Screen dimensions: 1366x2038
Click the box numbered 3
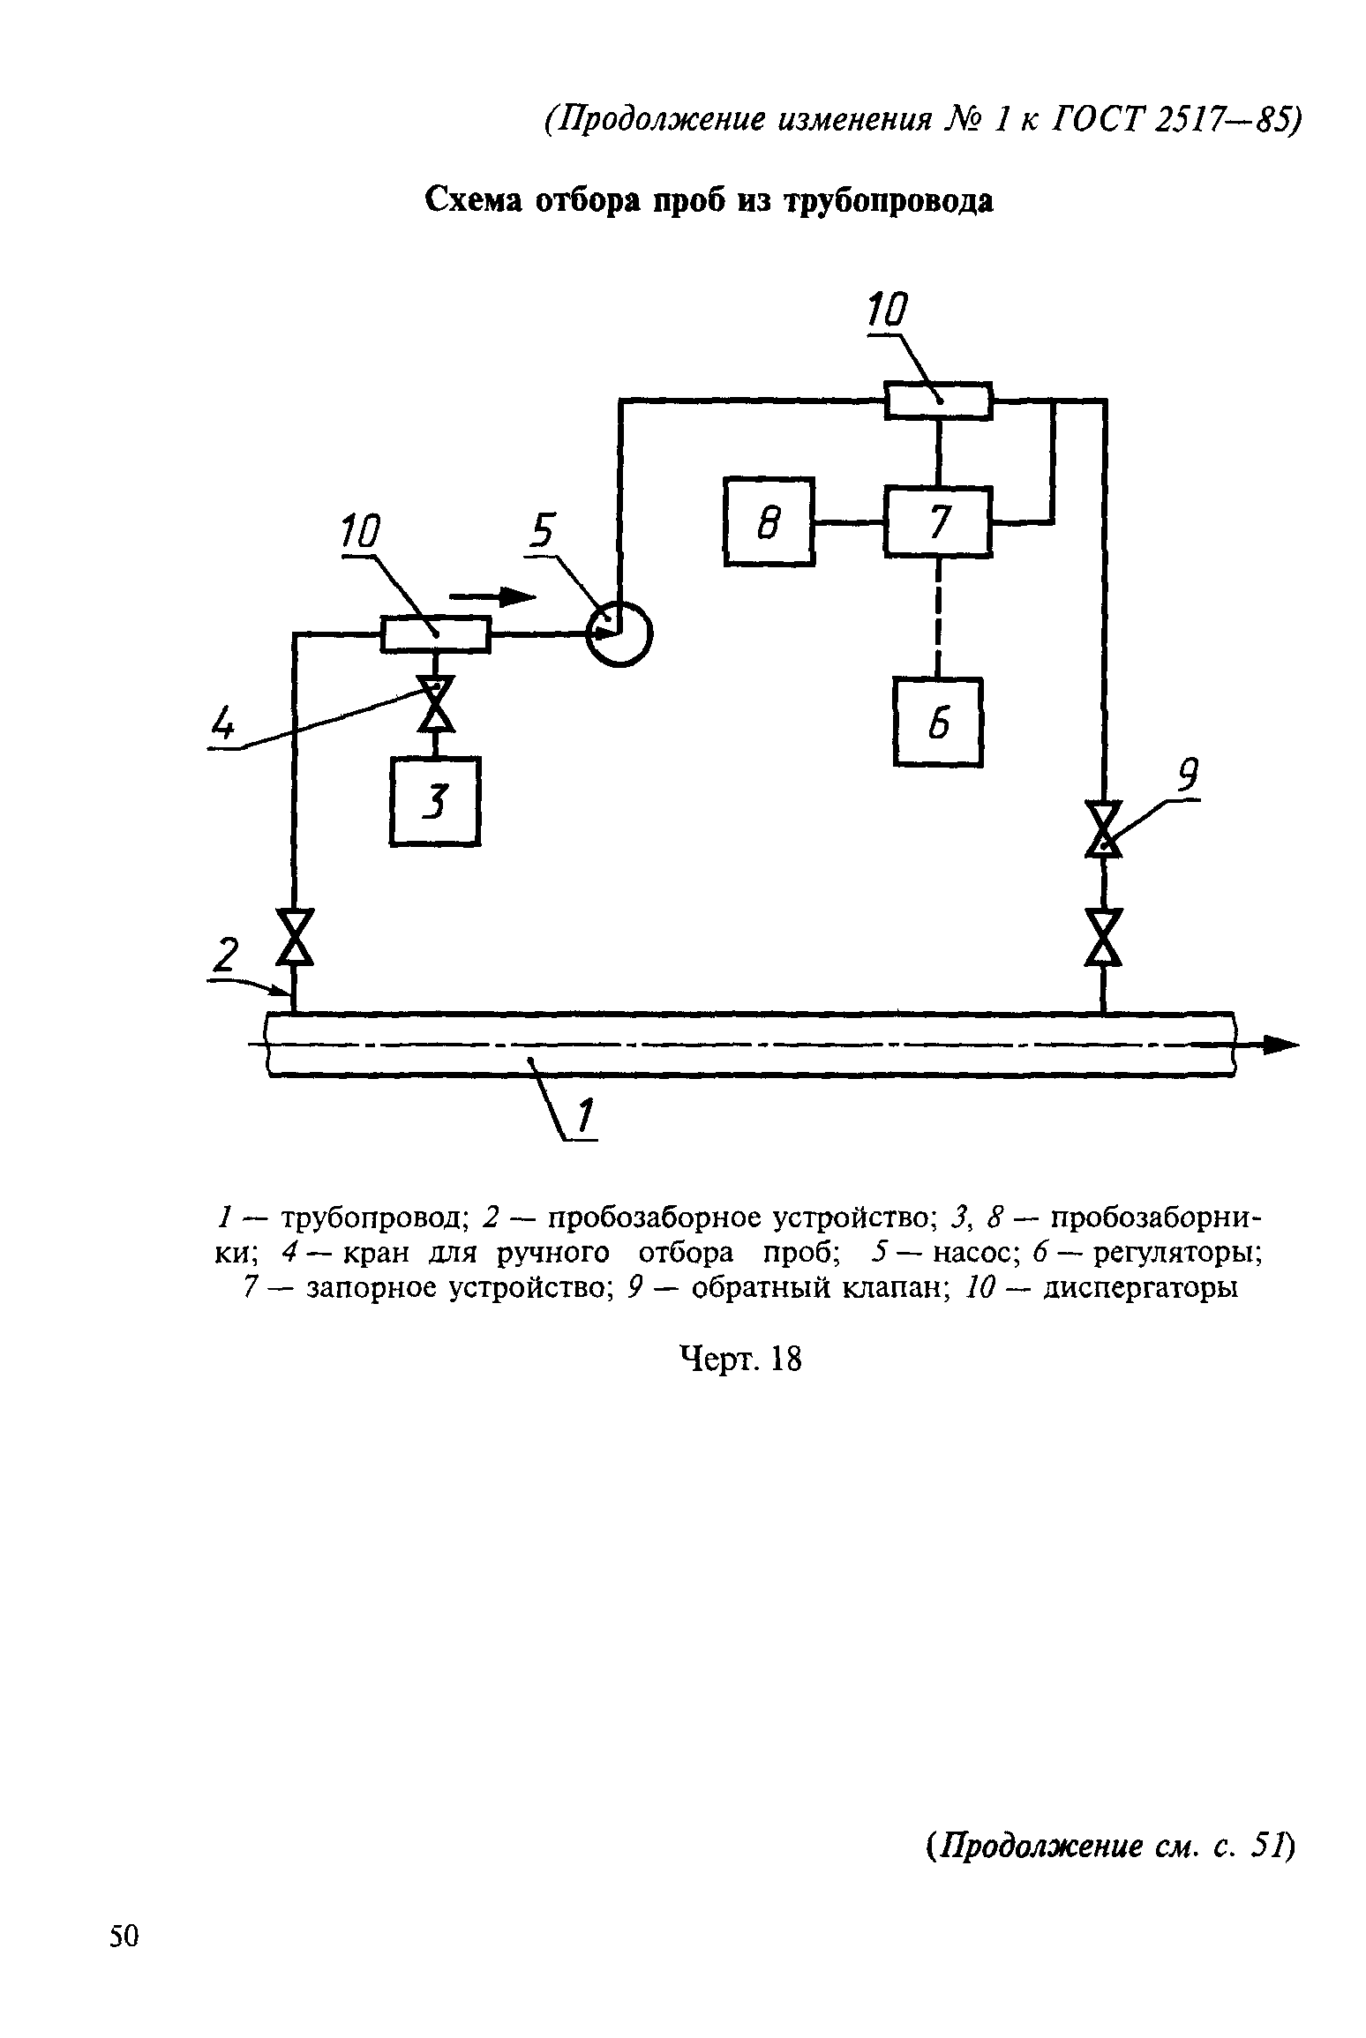coord(435,801)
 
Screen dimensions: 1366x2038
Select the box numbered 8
coord(769,521)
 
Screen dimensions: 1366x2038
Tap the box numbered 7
coord(938,521)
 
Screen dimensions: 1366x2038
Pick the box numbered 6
coord(938,722)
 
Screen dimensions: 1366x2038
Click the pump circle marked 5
coord(620,633)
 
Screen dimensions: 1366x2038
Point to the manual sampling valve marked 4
coord(435,703)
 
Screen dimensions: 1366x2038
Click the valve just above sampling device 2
coord(294,936)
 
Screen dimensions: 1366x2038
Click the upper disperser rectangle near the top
coord(939,400)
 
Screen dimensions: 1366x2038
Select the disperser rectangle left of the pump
coord(435,633)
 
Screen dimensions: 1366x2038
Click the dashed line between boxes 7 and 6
coord(938,618)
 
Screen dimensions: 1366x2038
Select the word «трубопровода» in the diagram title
coord(889,203)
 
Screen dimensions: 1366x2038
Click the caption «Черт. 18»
coord(741,1360)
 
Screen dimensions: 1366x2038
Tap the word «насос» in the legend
coord(969,1253)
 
